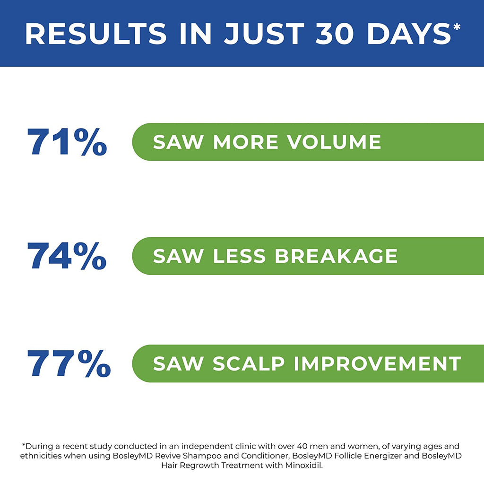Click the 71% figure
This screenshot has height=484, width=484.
67,142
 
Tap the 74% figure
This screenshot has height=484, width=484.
67,256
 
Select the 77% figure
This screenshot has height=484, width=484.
69,363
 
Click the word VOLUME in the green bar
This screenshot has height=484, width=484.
334,142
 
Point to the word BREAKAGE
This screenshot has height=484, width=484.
336,256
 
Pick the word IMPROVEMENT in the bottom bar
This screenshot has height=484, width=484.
377,363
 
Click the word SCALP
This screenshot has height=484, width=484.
249,363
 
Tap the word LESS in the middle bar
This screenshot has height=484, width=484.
239,256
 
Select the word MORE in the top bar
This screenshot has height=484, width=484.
246,142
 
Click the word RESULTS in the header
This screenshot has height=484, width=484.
96,34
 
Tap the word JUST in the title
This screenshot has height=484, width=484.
264,34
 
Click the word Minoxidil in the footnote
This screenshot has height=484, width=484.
304,466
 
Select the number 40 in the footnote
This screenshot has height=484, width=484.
302,446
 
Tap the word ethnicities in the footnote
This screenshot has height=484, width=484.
41,456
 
